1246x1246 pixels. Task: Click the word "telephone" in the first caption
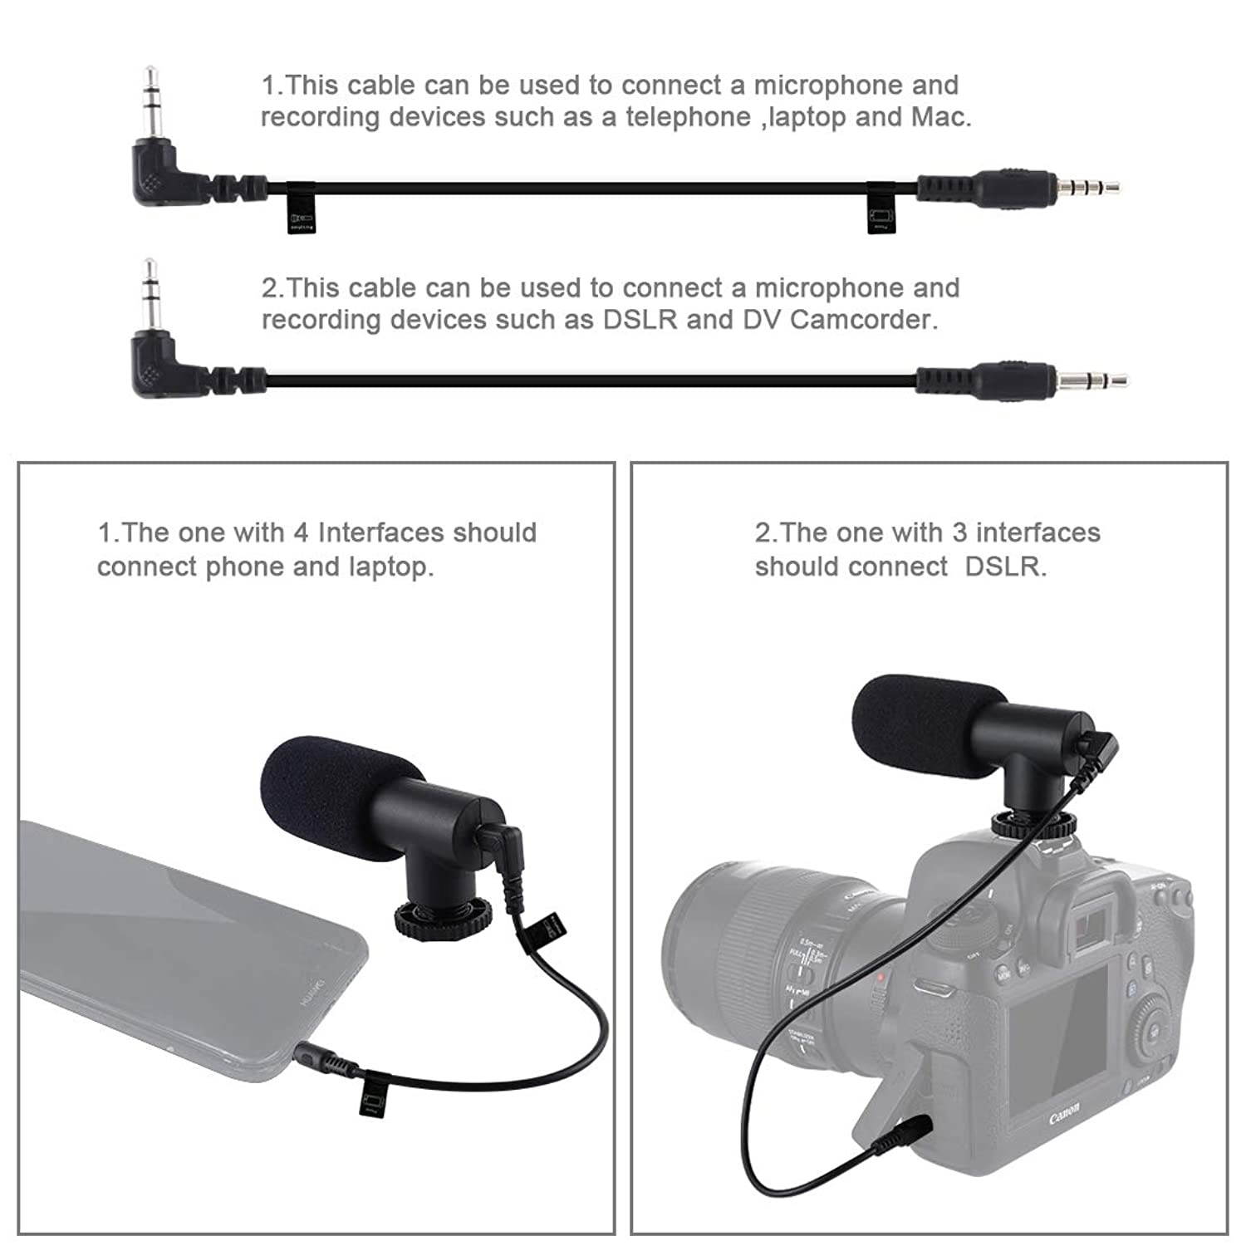click(688, 117)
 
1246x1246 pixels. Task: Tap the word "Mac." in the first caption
click(941, 117)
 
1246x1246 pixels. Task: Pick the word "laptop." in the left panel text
click(390, 567)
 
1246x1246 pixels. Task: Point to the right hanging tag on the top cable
click(881, 209)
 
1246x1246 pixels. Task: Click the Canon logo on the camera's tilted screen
click(1065, 1113)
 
